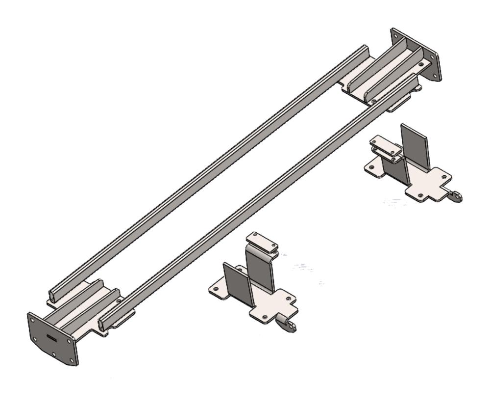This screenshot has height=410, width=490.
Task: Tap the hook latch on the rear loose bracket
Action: click(x=456, y=197)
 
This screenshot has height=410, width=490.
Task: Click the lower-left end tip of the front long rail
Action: click(x=101, y=325)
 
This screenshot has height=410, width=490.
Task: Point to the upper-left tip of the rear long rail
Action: click(x=365, y=48)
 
